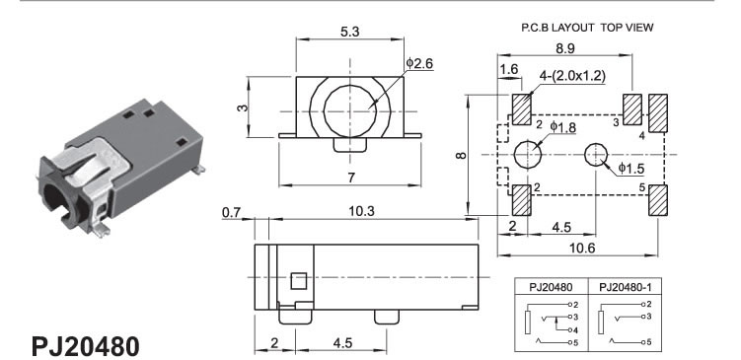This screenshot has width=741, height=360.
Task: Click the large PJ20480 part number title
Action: point(86,347)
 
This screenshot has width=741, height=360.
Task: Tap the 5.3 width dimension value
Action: point(349,32)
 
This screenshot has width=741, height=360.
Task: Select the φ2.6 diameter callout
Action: point(419,63)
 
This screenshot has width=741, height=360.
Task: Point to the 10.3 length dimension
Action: point(361,211)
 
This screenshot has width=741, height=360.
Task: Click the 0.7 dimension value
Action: point(231,213)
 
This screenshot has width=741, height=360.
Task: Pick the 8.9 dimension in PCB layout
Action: point(565,48)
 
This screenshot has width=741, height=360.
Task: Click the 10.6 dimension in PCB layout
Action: point(582,248)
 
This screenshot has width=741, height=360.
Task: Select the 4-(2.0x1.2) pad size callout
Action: point(572,76)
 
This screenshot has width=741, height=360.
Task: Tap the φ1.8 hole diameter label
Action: point(562,127)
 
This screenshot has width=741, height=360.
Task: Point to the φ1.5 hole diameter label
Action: point(630,169)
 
